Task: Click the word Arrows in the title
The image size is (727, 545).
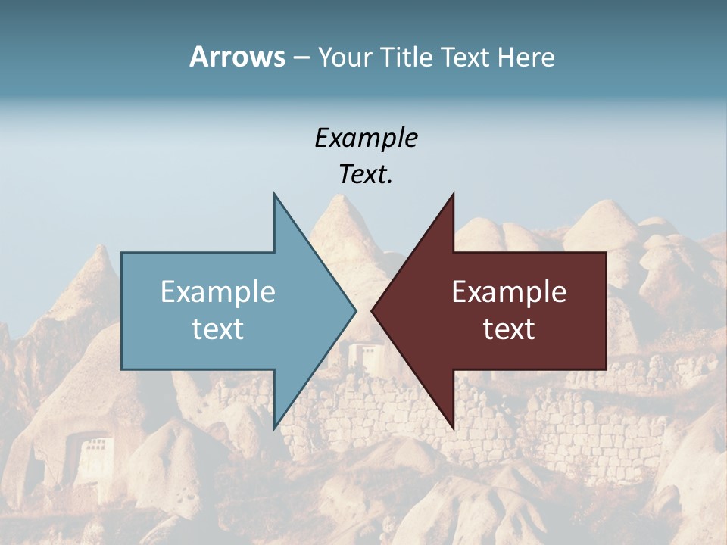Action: click(237, 57)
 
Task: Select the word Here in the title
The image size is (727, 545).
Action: click(526, 57)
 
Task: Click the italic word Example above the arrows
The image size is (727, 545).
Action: click(366, 138)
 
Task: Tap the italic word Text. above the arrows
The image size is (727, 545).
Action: click(366, 174)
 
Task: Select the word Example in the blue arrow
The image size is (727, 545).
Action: click(218, 291)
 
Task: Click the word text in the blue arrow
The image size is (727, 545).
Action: click(218, 329)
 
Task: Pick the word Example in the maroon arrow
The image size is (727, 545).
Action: click(509, 291)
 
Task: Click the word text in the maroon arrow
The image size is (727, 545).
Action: click(509, 329)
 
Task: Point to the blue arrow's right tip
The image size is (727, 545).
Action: click(356, 310)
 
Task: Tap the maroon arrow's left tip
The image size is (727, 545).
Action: click(371, 310)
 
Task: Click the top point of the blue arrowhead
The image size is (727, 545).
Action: click(274, 194)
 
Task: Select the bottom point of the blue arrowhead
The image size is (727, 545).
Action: click(274, 428)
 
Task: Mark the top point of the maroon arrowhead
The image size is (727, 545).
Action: click(453, 194)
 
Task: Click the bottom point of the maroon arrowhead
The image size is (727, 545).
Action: click(453, 428)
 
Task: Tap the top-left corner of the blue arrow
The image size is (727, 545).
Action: click(122, 253)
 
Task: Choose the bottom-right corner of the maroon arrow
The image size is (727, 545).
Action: click(606, 369)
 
